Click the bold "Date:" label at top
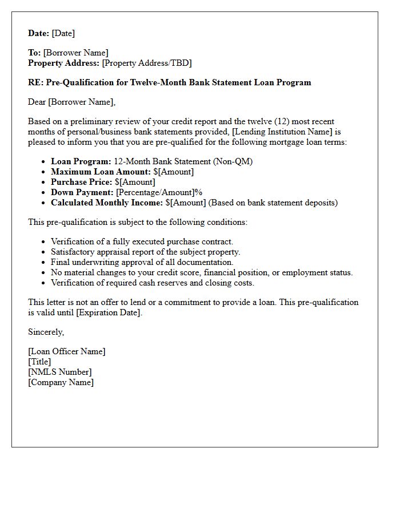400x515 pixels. (x=39, y=33)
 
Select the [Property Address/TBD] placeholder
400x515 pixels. (x=147, y=63)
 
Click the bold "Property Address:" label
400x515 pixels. (x=64, y=63)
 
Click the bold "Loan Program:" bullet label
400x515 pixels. (x=81, y=161)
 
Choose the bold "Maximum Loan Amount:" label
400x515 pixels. (x=101, y=172)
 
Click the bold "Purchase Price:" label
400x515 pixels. (x=82, y=182)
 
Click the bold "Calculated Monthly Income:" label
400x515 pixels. (x=107, y=203)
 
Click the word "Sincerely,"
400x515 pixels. (x=46, y=332)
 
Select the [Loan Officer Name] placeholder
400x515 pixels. (x=67, y=351)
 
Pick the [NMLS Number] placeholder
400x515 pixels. (x=60, y=372)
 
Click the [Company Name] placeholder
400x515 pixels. (x=61, y=382)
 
